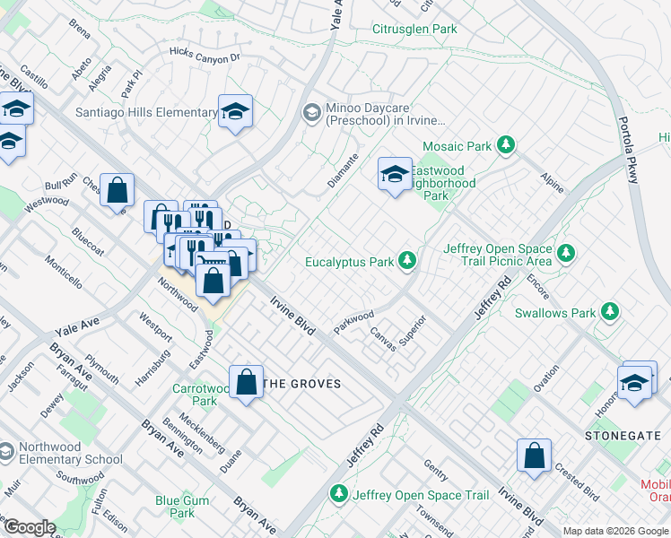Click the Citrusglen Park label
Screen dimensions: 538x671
coord(414,29)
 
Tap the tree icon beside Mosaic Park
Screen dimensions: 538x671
coord(507,144)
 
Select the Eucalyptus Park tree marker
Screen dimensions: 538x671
coord(408,261)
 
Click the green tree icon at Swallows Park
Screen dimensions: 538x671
coord(610,312)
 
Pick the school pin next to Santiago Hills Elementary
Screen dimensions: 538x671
coord(235,111)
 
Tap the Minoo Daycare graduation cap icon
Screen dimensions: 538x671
coord(311,112)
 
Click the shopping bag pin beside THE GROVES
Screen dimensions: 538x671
coord(247,382)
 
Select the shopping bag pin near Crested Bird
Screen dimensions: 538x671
coord(534,454)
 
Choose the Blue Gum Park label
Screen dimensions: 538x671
coord(181,507)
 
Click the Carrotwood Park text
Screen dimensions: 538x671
coord(194,395)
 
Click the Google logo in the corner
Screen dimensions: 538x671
coord(29,527)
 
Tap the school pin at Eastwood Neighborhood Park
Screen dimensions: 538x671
coord(395,174)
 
